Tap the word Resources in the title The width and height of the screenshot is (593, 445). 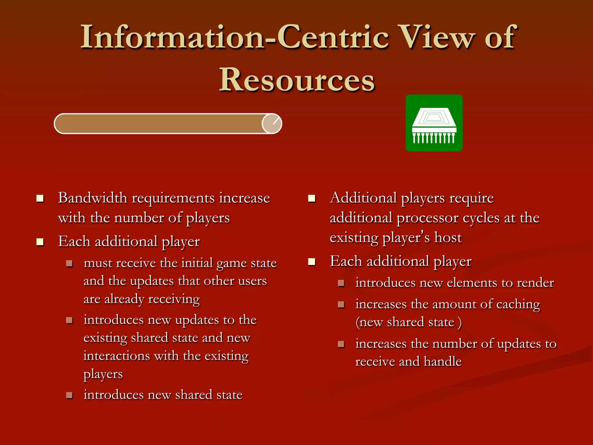(297, 80)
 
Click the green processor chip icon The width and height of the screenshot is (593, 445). (434, 123)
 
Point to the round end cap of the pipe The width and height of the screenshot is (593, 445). (272, 124)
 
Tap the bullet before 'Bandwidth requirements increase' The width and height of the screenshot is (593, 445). (40, 198)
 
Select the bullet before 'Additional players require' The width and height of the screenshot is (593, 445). (312, 198)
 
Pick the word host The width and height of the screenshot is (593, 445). (448, 238)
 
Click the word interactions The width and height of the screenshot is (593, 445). (117, 356)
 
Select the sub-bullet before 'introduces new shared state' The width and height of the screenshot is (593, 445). (69, 395)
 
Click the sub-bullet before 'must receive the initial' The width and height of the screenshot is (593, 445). (69, 263)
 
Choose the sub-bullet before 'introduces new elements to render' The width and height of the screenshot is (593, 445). (341, 283)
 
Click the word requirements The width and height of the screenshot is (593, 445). (173, 199)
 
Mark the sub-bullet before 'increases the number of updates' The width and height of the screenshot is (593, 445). (341, 344)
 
